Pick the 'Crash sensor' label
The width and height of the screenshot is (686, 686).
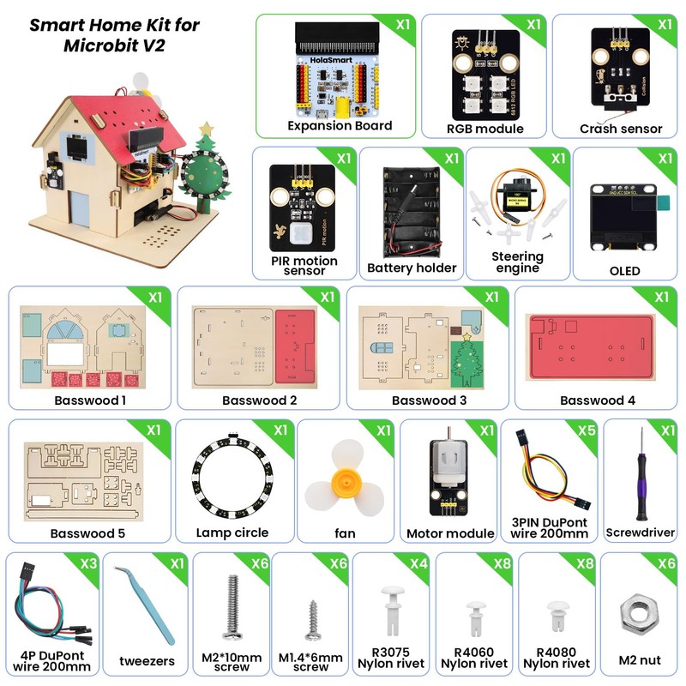click(621, 129)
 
